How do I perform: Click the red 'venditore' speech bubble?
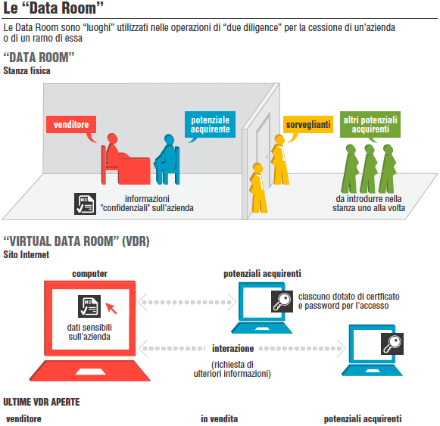pos(71,125)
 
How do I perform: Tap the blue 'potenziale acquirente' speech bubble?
pos(210,125)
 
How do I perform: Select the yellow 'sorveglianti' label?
pos(308,125)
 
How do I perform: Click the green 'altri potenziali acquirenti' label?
pos(370,125)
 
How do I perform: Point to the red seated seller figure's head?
pos(112,138)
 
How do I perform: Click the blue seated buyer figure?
pos(167,160)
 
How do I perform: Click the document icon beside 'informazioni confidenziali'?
pos(85,204)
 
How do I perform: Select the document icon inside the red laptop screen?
pos(89,306)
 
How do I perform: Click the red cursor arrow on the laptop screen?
pos(111,308)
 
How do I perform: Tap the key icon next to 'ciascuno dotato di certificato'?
pos(282,301)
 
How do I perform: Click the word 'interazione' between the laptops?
pos(233,349)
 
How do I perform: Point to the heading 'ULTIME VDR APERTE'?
pos(42,402)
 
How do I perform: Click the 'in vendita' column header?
pos(219,418)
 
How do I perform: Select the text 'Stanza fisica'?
pos(27,71)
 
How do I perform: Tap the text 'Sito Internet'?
pos(26,254)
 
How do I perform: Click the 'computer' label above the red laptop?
pos(89,274)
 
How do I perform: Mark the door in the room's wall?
pos(264,151)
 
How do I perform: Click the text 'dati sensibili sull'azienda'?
pos(89,331)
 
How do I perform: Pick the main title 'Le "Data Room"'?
pos(53,8)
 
